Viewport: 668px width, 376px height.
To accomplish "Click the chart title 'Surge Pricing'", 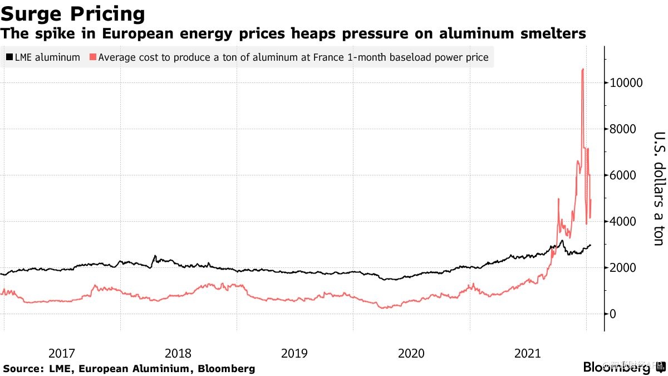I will (x=73, y=13).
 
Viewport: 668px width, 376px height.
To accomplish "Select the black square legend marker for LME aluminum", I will (x=9, y=57).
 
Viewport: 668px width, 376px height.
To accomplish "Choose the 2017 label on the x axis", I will (x=62, y=353).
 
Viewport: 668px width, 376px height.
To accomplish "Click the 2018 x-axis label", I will (x=178, y=353).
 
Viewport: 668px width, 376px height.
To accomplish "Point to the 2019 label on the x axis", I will (x=294, y=353).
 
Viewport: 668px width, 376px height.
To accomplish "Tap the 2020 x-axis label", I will (x=411, y=353).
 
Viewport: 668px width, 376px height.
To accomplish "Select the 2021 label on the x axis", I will (x=528, y=353).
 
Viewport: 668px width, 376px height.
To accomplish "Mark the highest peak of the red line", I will (x=582, y=69).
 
